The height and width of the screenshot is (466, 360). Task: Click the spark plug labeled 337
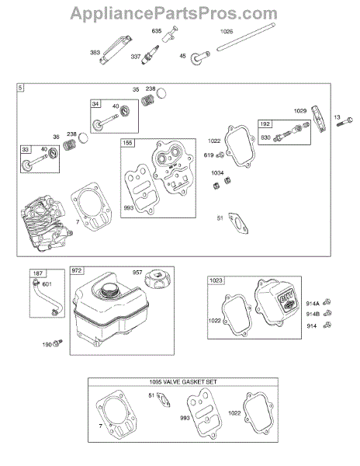(151, 55)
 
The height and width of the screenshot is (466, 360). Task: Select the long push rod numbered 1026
(245, 37)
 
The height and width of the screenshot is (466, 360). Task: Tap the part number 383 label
(95, 53)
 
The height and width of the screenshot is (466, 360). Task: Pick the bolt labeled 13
(344, 122)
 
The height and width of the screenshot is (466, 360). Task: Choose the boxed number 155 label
(127, 143)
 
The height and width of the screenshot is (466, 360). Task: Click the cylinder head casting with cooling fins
(46, 223)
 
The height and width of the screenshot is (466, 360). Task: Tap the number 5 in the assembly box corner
(20, 88)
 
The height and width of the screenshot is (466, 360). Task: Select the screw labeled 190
(58, 343)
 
